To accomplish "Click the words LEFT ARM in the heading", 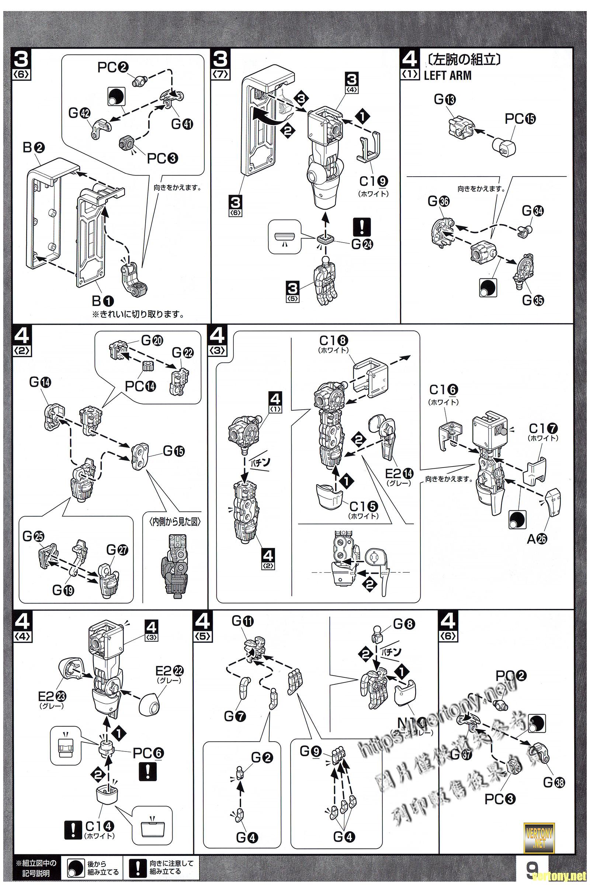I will (x=447, y=75).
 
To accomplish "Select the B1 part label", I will (x=103, y=301).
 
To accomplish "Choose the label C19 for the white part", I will (x=374, y=182).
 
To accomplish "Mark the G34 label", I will (x=532, y=211).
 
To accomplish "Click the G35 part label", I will (x=533, y=300).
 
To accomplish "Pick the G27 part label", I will (x=117, y=551).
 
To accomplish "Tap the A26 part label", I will (x=537, y=539).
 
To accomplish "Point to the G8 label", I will (x=404, y=625).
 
